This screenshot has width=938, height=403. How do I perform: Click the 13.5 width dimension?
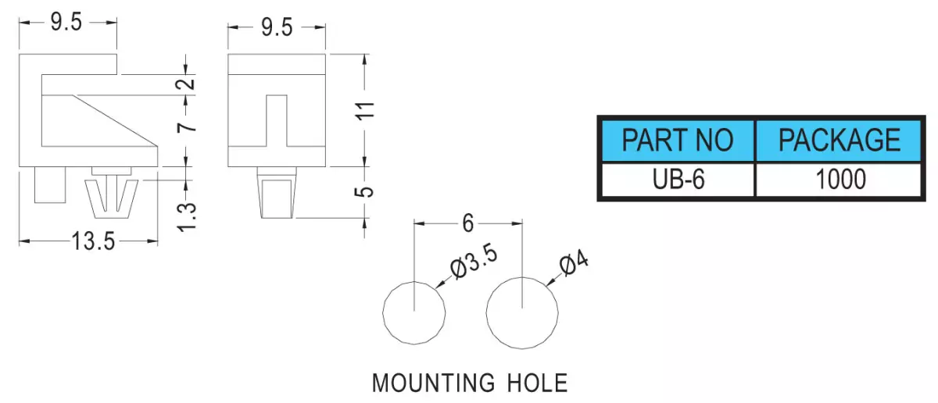pyautogui.click(x=93, y=241)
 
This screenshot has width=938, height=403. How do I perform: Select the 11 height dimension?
pyautogui.click(x=365, y=110)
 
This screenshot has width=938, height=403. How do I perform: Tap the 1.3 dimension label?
pyautogui.click(x=186, y=217)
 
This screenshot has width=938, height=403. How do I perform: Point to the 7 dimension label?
pyautogui.click(x=187, y=127)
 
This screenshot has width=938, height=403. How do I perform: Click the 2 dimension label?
pyautogui.click(x=185, y=84)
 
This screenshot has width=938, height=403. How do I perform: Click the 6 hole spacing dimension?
pyautogui.click(x=467, y=223)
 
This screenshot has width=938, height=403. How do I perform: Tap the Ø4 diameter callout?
pyautogui.click(x=574, y=262)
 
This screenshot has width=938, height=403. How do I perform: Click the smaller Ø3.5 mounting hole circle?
pyautogui.click(x=383, y=312)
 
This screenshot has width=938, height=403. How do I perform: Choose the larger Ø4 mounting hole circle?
pyautogui.click(x=486, y=312)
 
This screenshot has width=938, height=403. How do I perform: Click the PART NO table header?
pyautogui.click(x=678, y=141)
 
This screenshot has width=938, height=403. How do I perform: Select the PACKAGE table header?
pyautogui.click(x=840, y=141)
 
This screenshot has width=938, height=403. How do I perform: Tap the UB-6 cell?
pyautogui.click(x=678, y=179)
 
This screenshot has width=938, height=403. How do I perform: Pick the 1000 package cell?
pyautogui.click(x=841, y=179)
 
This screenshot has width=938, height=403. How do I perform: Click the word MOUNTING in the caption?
pyautogui.click(x=433, y=383)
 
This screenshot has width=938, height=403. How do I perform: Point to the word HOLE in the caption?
pyautogui.click(x=537, y=383)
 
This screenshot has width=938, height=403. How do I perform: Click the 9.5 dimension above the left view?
pyautogui.click(x=66, y=22)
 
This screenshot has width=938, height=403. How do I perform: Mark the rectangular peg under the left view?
pyautogui.click(x=50, y=185)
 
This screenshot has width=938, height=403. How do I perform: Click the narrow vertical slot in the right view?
pyautogui.click(x=277, y=120)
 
